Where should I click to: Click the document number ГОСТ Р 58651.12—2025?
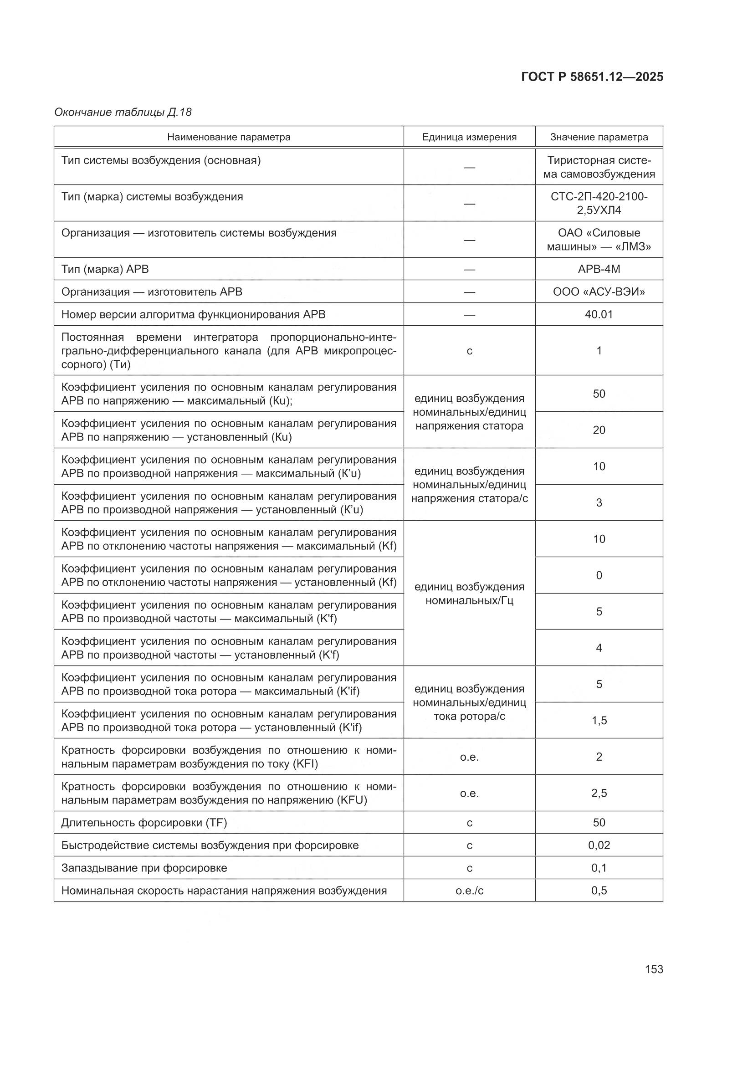[592, 77]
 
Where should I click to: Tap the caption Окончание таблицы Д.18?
[123, 112]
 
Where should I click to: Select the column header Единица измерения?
[469, 137]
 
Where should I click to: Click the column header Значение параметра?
[599, 137]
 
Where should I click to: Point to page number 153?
[654, 969]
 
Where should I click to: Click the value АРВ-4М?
[599, 269]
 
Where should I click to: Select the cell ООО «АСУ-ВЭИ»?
[599, 292]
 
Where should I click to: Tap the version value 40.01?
[599, 314]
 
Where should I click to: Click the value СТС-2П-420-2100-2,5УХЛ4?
[599, 203]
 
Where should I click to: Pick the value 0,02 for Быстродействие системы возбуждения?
[599, 845]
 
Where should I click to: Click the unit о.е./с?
[469, 891]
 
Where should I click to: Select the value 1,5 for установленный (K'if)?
[599, 720]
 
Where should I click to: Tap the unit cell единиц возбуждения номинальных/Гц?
[469, 594]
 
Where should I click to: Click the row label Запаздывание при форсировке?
[144, 868]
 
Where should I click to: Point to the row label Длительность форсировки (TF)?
[144, 822]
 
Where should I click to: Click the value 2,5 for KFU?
[599, 793]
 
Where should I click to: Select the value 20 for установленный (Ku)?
[599, 430]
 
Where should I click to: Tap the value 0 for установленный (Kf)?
[599, 575]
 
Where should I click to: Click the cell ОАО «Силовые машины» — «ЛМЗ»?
[599, 239]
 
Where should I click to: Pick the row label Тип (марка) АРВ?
[105, 269]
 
